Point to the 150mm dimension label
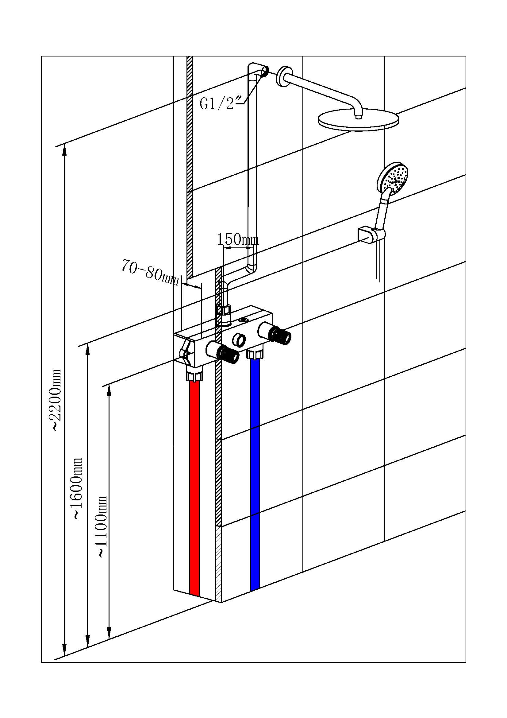point(238,239)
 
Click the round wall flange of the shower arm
point(283,76)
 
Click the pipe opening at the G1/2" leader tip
point(265,71)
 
